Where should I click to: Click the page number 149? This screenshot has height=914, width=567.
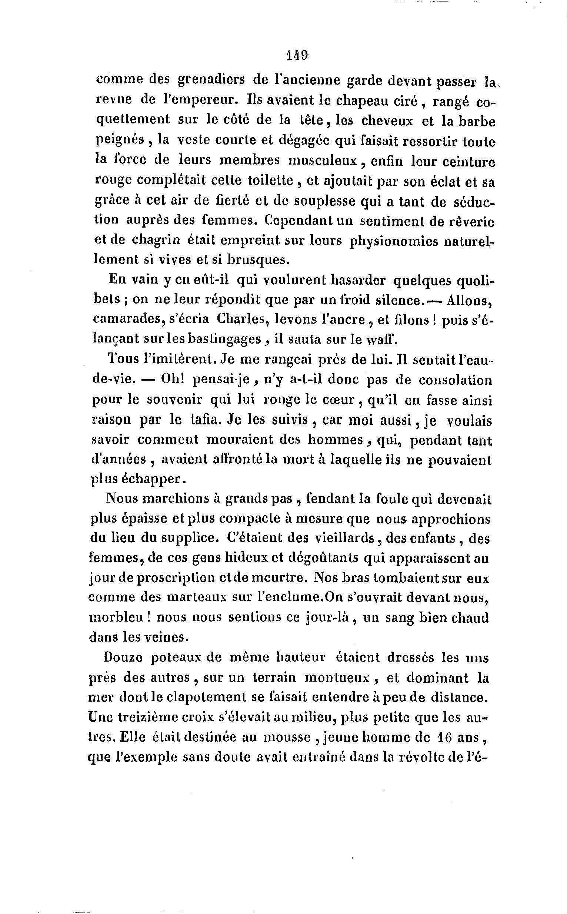click(x=297, y=55)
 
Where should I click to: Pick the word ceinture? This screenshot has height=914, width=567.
click(x=469, y=161)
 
